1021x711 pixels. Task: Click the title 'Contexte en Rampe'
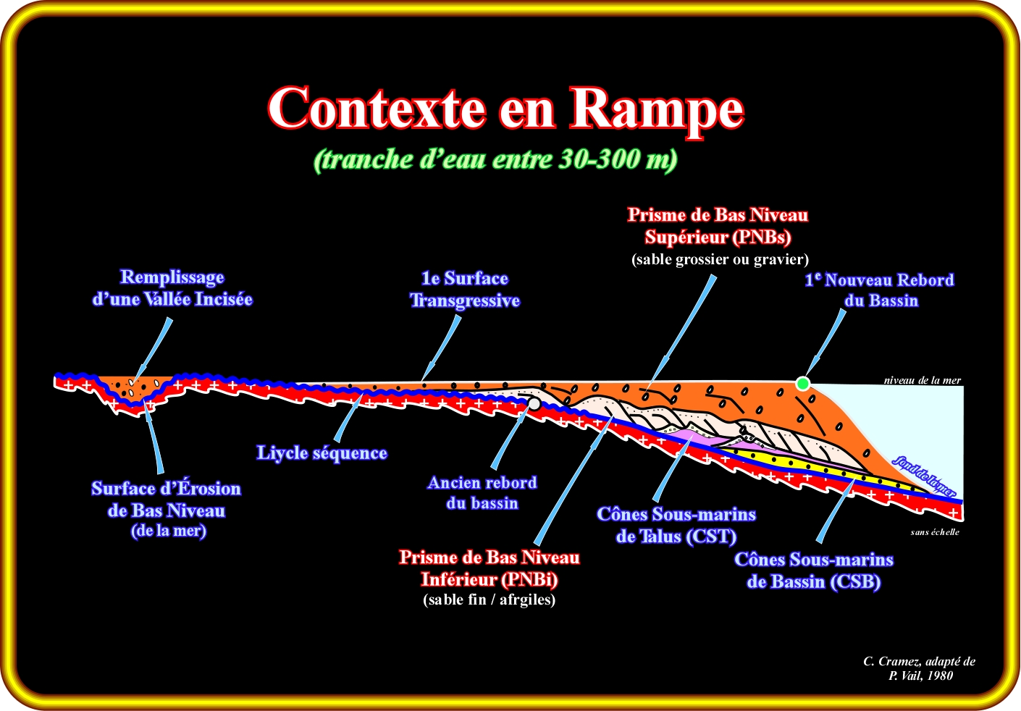pos(505,109)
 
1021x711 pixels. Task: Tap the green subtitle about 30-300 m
pos(495,159)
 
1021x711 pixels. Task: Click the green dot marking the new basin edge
pos(802,383)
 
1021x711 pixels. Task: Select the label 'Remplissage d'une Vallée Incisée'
pos(172,288)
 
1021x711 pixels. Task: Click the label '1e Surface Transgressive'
pos(465,290)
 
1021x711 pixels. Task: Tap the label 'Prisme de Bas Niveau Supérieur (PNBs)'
pos(718,226)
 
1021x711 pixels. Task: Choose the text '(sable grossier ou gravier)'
pos(720,259)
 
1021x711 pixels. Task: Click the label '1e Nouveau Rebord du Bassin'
pos(880,290)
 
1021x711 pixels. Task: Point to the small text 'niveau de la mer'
pos(922,380)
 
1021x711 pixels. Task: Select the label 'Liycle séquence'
pos(322,453)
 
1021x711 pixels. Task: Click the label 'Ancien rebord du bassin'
pos(482,493)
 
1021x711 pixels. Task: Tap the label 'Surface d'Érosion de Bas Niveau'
pos(167,500)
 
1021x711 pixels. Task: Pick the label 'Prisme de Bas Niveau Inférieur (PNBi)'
pos(490,568)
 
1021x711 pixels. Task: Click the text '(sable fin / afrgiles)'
pos(490,599)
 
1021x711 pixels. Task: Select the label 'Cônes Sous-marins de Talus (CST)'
pos(676,526)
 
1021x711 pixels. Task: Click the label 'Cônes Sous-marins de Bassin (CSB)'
pos(814,571)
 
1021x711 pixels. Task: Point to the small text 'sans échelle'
pos(935,532)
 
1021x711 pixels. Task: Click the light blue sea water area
pos(905,427)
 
